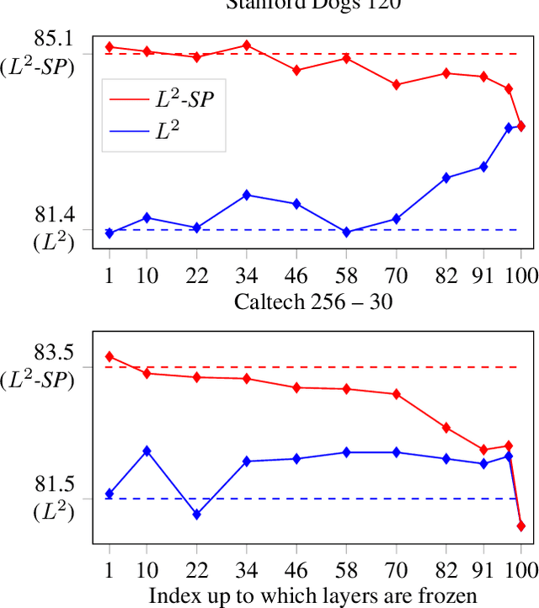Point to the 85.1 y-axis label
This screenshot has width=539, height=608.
pyautogui.click(x=53, y=39)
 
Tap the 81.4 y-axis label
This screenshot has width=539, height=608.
pyautogui.click(x=53, y=216)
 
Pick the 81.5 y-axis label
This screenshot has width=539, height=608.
pyautogui.click(x=53, y=484)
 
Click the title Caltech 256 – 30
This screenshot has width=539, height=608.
pyautogui.click(x=313, y=300)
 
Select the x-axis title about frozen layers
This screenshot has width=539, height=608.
pyautogui.click(x=313, y=595)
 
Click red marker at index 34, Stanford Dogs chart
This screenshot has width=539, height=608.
pyautogui.click(x=246, y=45)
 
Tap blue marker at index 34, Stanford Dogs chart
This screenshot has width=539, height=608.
pyautogui.click(x=246, y=195)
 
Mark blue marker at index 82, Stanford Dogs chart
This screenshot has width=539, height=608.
pyautogui.click(x=446, y=178)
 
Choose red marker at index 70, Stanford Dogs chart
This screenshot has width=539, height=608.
pyautogui.click(x=397, y=84)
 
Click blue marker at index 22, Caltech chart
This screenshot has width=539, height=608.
pyautogui.click(x=196, y=514)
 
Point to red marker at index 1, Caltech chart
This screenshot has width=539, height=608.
pyautogui.click(x=109, y=356)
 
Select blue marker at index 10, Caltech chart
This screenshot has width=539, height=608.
pyautogui.click(x=147, y=451)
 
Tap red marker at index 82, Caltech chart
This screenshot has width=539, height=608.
pyautogui.click(x=446, y=428)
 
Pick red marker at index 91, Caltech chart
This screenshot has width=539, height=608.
pyautogui.click(x=483, y=450)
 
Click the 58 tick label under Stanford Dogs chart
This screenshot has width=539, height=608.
pyautogui.click(x=346, y=277)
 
